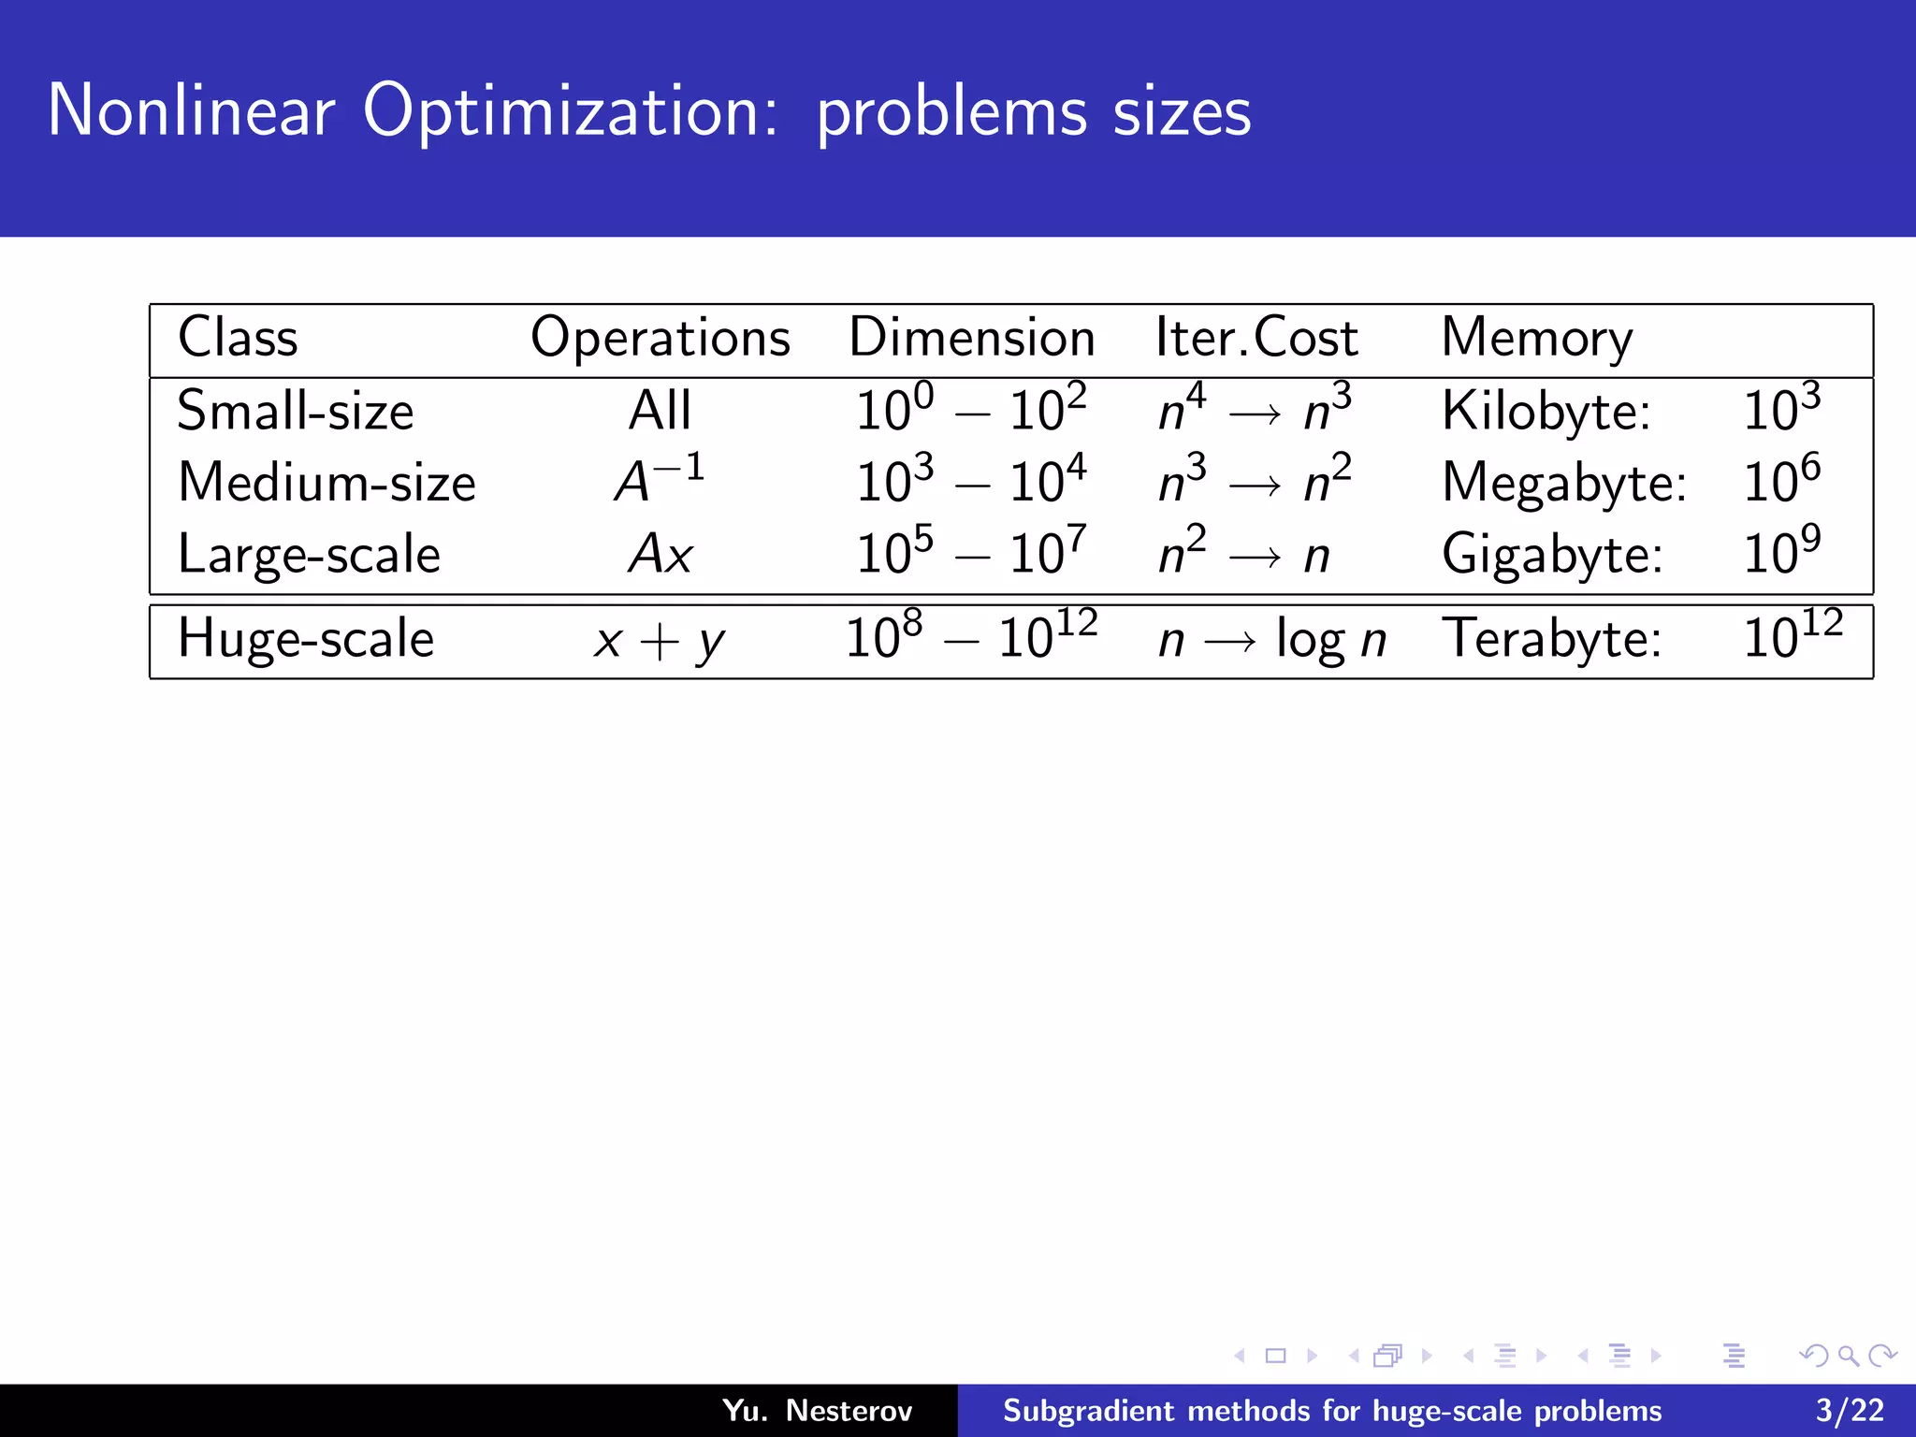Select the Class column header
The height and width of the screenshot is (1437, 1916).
238,337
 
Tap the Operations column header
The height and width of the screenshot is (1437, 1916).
660,338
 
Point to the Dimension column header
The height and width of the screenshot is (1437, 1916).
971,337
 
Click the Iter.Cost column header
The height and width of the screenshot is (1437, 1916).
1256,337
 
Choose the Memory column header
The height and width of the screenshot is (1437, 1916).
1536,338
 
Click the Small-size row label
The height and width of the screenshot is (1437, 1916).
295,411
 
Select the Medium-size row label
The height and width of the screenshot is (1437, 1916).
327,483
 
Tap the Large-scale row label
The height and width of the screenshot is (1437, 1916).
309,554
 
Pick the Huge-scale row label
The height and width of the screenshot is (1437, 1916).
305,639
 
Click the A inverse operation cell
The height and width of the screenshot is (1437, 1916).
659,480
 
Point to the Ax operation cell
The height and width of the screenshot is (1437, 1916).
660,554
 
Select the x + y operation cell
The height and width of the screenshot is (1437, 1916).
659,641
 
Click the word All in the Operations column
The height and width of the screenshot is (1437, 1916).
660,411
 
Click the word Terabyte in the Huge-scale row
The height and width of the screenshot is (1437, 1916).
1551,639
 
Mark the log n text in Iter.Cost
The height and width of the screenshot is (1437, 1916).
1330,641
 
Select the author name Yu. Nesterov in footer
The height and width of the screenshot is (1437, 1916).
817,1410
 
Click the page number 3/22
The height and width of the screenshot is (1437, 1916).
1850,1410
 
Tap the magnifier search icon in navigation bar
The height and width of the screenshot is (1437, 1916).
1848,1356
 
